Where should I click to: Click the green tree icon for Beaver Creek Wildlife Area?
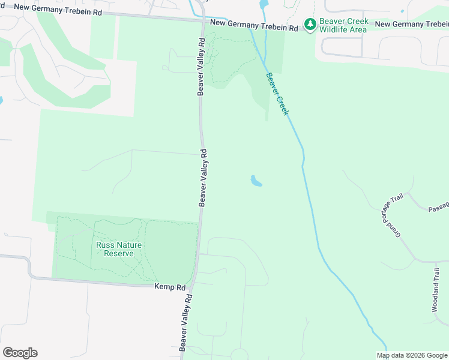[310, 25]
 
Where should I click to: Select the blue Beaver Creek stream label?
[277, 94]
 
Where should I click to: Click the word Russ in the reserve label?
[105, 245]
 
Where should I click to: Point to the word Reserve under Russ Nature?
[118, 253]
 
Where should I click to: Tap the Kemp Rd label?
[169, 287]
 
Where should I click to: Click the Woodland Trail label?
[436, 289]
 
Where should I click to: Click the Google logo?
[20, 353]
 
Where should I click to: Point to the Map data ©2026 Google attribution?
[412, 355]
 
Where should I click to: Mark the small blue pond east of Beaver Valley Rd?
[256, 181]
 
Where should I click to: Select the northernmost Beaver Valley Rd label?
[202, 66]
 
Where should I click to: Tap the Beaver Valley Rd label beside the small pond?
[203, 178]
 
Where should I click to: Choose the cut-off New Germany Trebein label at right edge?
[412, 24]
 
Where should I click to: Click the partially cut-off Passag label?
[438, 207]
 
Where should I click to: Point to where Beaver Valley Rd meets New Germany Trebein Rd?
[203, 20]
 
